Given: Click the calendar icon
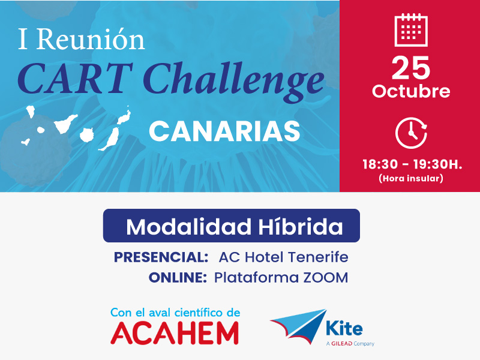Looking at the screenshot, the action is [x=411, y=30].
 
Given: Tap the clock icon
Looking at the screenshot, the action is [x=411, y=133].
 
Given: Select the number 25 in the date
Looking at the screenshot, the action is [x=411, y=68].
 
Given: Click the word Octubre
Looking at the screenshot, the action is [x=411, y=91].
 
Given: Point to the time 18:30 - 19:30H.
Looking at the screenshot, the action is [x=412, y=164].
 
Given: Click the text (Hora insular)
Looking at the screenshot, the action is [x=411, y=178].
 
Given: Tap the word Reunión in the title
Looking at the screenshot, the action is [x=91, y=39].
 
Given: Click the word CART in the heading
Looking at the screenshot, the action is [x=75, y=79].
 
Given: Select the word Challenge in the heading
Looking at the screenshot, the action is [x=233, y=82].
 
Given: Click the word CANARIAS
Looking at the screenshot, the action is [x=224, y=131].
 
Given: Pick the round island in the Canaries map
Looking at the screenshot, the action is [x=86, y=134].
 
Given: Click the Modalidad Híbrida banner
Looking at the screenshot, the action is [x=232, y=226].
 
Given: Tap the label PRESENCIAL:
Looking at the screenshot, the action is [x=161, y=257].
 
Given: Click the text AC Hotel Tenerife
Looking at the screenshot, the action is [x=283, y=257].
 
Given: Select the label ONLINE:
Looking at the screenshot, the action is [x=178, y=278].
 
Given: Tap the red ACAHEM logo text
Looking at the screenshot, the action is [x=175, y=333].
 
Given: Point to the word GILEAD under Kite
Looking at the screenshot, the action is [x=341, y=344].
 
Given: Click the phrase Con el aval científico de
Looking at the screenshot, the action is [x=175, y=313].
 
